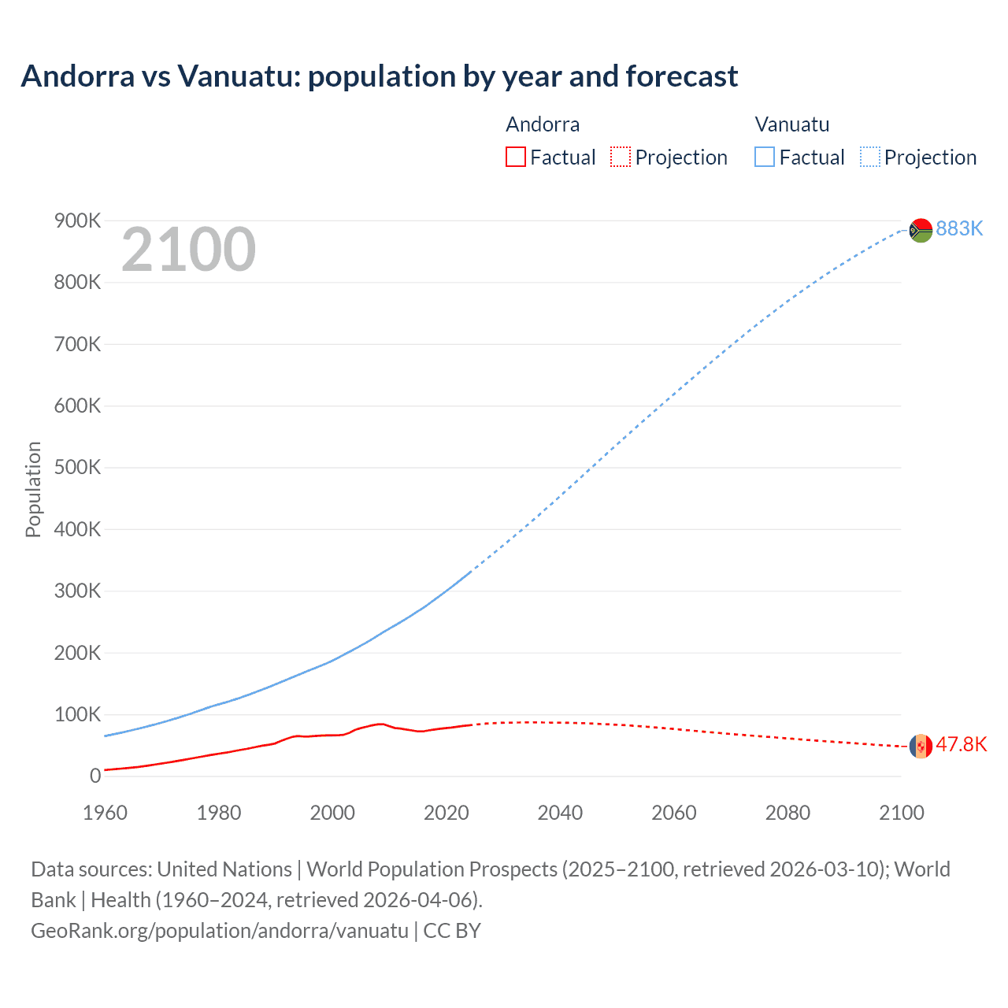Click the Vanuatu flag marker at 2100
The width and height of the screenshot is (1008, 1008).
[x=921, y=230]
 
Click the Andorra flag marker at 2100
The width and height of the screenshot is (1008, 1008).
[x=921, y=746]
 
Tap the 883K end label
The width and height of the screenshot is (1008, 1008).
[x=959, y=228]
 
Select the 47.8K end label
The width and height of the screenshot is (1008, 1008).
[x=961, y=745]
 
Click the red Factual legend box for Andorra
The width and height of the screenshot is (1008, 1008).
[x=515, y=157]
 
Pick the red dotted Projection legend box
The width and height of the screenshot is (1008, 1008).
[x=621, y=157]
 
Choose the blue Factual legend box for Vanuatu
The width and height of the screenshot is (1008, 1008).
[x=765, y=157]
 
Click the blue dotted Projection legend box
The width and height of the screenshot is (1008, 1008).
[x=870, y=157]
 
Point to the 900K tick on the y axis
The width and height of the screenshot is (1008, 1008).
[x=77, y=221]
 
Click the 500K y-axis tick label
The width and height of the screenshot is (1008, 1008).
[x=77, y=468]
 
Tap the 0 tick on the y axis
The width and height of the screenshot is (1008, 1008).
[x=95, y=776]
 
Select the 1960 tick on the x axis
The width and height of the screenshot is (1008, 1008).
[x=105, y=813]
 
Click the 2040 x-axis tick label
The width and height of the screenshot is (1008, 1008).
[x=560, y=813]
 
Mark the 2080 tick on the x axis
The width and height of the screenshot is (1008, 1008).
[x=787, y=813]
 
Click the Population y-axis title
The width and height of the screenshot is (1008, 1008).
[x=33, y=489]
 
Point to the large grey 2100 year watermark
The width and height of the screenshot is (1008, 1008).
[x=188, y=250]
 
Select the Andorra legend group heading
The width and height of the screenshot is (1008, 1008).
[x=543, y=124]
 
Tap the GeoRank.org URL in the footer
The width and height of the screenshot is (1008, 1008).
[x=220, y=930]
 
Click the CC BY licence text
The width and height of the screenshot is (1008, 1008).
[x=452, y=930]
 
